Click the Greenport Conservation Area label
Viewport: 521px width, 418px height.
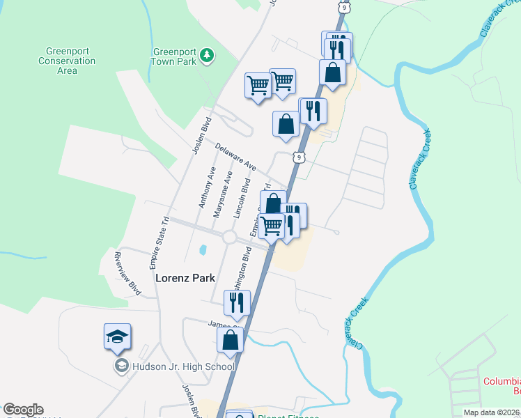(x=67, y=61)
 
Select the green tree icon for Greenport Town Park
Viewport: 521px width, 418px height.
(x=206, y=55)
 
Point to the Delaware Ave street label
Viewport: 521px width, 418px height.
(x=235, y=158)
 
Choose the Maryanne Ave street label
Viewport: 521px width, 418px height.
(x=222, y=194)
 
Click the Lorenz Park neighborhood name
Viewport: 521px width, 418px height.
(x=185, y=277)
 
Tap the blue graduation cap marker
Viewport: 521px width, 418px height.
(x=117, y=337)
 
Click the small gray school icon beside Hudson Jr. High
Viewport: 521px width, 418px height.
(x=120, y=366)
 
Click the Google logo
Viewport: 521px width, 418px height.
(x=23, y=410)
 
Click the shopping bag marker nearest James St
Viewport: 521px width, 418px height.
(x=230, y=341)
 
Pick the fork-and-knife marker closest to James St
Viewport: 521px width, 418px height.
(x=237, y=303)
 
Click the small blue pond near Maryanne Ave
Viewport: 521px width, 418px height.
(x=203, y=249)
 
